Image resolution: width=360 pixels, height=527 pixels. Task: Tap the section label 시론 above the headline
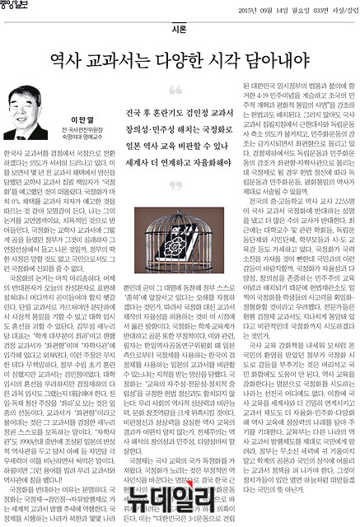pyautogui.click(x=180, y=26)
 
